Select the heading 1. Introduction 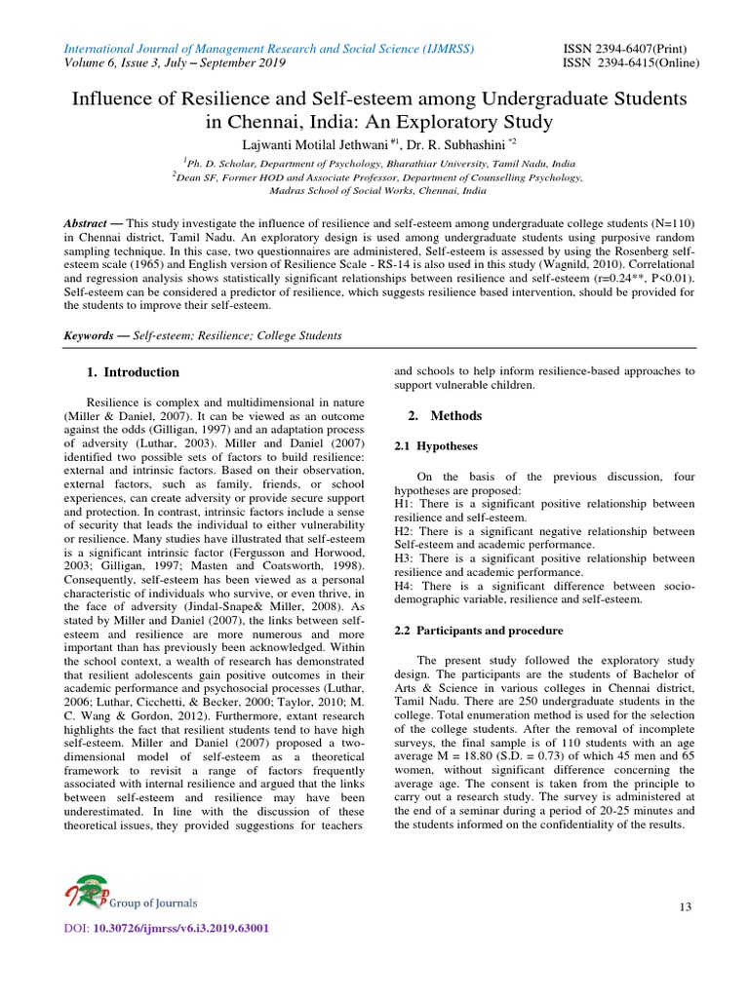pyautogui.click(x=133, y=372)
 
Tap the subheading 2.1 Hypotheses pyautogui.click(x=435, y=445)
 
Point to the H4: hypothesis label pyautogui.click(x=404, y=585)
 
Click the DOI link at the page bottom pyautogui.click(x=165, y=929)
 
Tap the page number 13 pyautogui.click(x=686, y=907)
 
